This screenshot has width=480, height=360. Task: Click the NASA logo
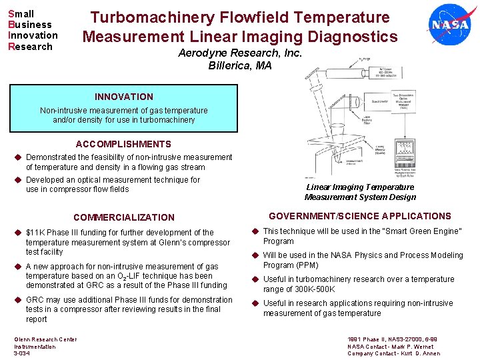pyautogui.click(x=450, y=25)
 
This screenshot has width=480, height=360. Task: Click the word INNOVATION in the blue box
pyautogui.click(x=123, y=97)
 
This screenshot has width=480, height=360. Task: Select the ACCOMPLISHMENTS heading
pyautogui.click(x=123, y=144)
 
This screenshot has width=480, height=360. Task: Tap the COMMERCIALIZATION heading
pyautogui.click(x=124, y=217)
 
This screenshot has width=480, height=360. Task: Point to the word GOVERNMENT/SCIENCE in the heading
pyautogui.click(x=315, y=216)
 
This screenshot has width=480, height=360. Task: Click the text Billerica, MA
pyautogui.click(x=240, y=65)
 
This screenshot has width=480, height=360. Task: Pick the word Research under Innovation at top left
pyautogui.click(x=30, y=47)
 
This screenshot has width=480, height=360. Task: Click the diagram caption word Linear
pyautogui.click(x=319, y=187)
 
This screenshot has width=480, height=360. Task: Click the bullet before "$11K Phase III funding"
pyautogui.click(x=18, y=233)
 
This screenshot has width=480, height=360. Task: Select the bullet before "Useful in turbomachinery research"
pyautogui.click(x=254, y=279)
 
